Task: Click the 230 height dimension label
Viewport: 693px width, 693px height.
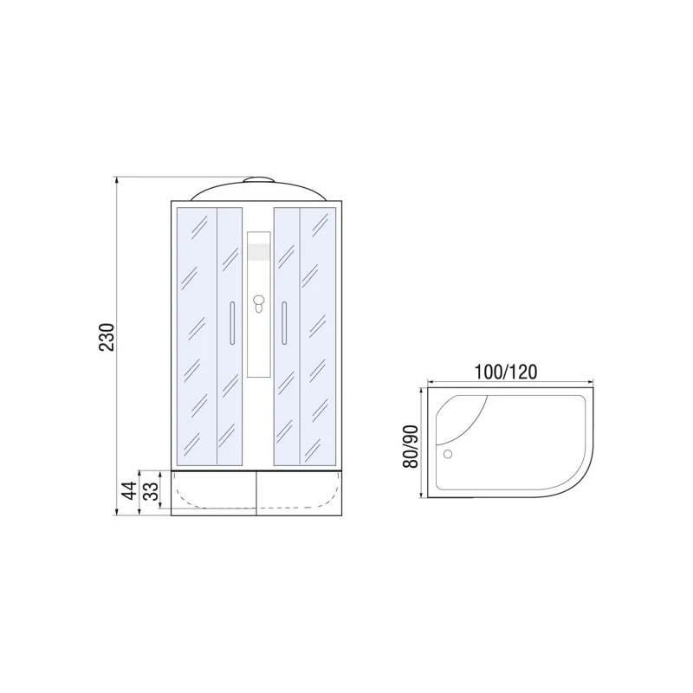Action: pos(106,338)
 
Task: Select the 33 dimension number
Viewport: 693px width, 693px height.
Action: pos(149,491)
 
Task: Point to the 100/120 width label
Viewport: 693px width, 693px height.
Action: pos(507,372)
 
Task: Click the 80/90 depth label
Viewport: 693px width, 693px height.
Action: pos(411,446)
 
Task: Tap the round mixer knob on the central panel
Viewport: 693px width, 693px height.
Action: pos(258,302)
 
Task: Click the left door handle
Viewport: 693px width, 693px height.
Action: pos(231,322)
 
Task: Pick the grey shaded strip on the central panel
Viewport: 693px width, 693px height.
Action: pos(258,252)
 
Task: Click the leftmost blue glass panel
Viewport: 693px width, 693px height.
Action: pos(196,334)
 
